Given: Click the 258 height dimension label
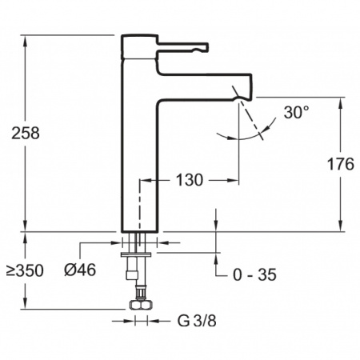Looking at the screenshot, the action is click(26, 133).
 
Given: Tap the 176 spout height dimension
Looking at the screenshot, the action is click(341, 164).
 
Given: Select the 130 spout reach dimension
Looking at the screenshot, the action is click(190, 180).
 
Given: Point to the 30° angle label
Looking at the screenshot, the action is click(296, 112).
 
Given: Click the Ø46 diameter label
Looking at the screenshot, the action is click(80, 270).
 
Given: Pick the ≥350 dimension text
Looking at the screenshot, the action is click(25, 270).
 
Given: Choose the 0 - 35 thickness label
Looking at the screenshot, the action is click(254, 275).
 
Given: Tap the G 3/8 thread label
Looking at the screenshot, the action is click(197, 321).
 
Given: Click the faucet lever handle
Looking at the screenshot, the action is click(182, 47).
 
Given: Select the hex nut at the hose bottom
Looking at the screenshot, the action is click(141, 305).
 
